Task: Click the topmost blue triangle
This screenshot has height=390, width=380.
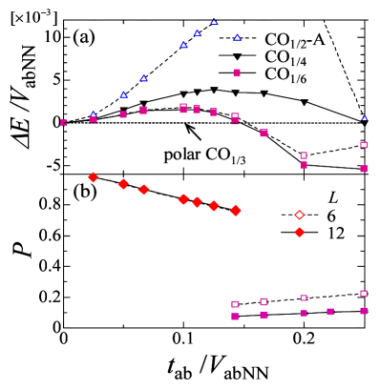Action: [214, 22]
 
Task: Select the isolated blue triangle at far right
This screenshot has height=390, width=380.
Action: [364, 118]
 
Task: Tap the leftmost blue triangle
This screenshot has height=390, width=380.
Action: [94, 114]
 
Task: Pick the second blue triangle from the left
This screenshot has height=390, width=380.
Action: [123, 94]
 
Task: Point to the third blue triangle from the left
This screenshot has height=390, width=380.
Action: [144, 78]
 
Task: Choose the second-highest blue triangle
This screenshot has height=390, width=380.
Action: [198, 33]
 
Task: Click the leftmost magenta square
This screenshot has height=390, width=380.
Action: [64, 122]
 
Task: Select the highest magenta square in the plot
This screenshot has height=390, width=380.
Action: [237, 72]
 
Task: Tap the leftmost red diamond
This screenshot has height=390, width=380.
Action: [93, 177]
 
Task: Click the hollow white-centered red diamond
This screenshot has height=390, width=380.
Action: [299, 215]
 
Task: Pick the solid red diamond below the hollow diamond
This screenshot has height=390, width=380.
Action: [299, 232]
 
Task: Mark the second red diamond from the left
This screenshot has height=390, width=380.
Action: [123, 184]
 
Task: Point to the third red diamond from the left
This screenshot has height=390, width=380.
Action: [144, 189]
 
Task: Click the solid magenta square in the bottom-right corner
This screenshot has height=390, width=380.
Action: [364, 311]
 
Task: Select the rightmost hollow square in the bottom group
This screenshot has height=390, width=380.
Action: [364, 294]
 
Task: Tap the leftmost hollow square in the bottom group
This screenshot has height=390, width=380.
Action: [235, 304]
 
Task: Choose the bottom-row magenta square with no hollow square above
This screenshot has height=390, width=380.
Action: [330, 311]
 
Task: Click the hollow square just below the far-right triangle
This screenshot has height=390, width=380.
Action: [364, 145]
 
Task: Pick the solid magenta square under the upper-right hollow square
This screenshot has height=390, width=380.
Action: [364, 169]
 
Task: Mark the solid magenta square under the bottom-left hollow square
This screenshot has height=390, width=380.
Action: [235, 316]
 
